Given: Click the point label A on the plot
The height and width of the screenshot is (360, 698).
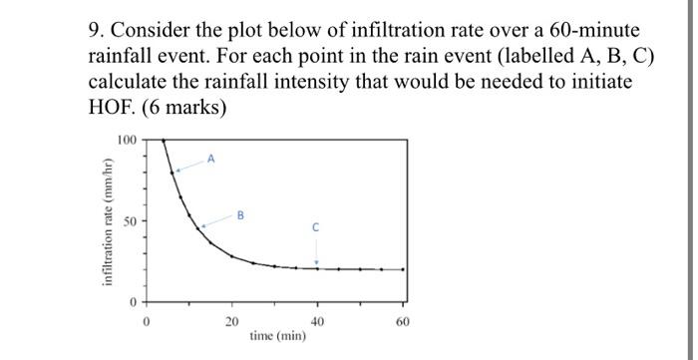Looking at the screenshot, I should click(x=210, y=158).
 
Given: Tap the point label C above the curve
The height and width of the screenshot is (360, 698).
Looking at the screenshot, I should click(x=317, y=227).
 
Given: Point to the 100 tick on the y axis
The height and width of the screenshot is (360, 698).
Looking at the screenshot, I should click(x=127, y=140).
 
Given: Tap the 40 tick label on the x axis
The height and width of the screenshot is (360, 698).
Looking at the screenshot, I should click(x=317, y=321).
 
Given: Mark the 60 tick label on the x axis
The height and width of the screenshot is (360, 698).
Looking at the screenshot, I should click(x=403, y=321).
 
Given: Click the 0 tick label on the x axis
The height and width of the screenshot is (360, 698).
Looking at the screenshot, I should click(x=146, y=321).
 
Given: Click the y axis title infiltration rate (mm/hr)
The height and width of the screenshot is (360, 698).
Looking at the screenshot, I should click(x=107, y=220).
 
